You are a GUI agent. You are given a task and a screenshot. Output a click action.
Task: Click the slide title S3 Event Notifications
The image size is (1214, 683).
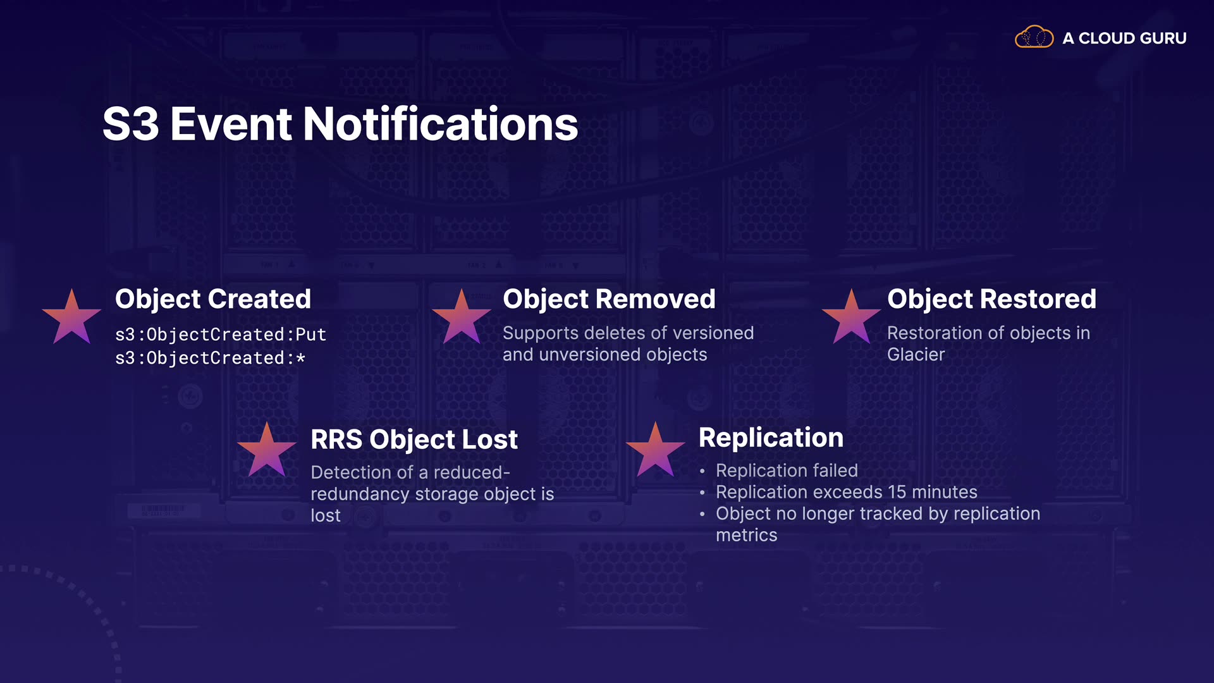[340, 124]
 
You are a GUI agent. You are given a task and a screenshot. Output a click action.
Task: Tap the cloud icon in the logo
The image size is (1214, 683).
[1034, 37]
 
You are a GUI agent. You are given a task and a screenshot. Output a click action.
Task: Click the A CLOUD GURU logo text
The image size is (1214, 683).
[1124, 39]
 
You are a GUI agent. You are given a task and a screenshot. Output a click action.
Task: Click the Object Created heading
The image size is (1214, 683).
[213, 299]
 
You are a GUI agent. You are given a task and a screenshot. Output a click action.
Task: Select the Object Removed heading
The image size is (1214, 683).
[609, 298]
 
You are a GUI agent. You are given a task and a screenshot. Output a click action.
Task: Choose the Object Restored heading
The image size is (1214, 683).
[991, 298]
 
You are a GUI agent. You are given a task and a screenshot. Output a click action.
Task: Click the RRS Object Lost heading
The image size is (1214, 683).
[414, 439]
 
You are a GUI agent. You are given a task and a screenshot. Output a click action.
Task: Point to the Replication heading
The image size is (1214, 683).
[771, 438]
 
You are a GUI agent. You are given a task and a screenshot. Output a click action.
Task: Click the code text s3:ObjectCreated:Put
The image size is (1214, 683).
[221, 335]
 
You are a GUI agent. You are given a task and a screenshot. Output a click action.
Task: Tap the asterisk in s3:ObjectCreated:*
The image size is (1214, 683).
[301, 358]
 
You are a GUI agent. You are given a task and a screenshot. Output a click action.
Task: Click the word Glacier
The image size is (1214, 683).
[916, 354]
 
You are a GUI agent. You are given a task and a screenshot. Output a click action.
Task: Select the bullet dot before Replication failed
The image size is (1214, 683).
[702, 471]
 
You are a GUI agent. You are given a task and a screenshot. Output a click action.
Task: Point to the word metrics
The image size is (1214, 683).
[747, 536]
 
